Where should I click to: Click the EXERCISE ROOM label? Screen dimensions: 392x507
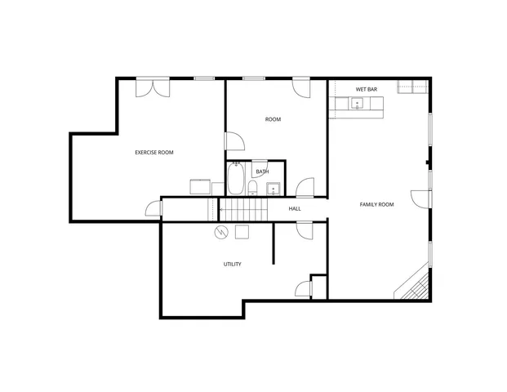pos(153,153)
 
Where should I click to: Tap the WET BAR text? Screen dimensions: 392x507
pos(366,89)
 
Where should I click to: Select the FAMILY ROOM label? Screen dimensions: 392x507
pos(376,204)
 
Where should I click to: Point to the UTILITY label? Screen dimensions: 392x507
pos(232,264)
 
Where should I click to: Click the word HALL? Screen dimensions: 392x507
pos(295,208)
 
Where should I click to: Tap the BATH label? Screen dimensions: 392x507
pos(262,171)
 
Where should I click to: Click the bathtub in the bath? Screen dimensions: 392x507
pos(236,178)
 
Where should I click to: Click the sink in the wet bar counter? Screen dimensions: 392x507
pos(356,104)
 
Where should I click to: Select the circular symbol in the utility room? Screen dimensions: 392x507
pos(220,232)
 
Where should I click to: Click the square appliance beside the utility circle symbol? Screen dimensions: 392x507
pos(242,232)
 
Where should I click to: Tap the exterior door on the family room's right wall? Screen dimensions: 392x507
pos(421,198)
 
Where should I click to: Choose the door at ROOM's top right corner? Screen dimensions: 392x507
pos(301,87)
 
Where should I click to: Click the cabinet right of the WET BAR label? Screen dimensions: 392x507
pos(412,87)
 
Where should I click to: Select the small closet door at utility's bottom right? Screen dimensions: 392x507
pos(303,287)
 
